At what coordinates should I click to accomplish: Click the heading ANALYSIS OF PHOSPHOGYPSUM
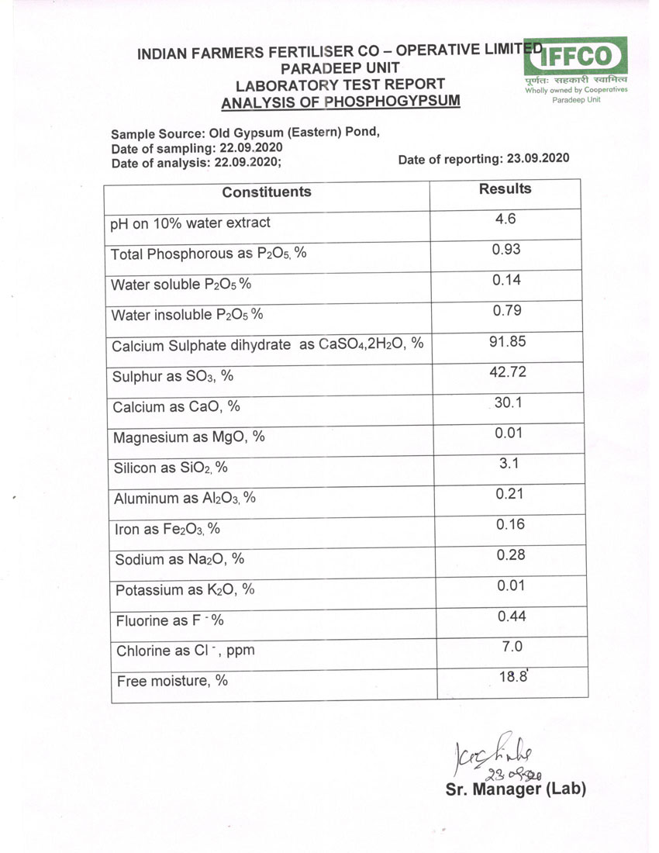(340, 102)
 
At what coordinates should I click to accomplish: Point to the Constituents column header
(267, 192)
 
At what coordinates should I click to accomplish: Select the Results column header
(505, 188)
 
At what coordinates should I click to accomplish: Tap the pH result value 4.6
(505, 219)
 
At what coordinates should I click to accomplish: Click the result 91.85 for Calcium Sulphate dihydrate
(508, 341)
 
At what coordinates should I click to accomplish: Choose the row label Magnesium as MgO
(189, 437)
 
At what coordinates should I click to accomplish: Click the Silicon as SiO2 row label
(174, 468)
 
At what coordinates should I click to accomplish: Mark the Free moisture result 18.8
(513, 676)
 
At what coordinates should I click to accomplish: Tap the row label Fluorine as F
(170, 621)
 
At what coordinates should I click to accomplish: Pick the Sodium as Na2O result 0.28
(510, 554)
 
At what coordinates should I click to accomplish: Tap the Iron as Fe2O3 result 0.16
(510, 524)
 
